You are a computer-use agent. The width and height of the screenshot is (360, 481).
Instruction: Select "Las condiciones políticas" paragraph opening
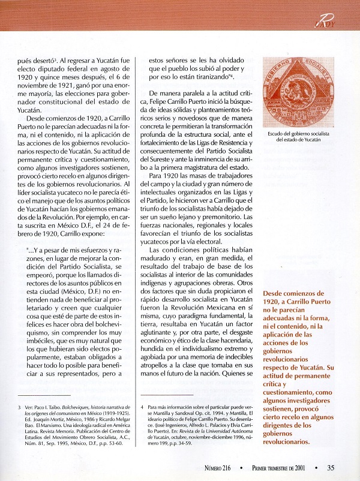[182, 232]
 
